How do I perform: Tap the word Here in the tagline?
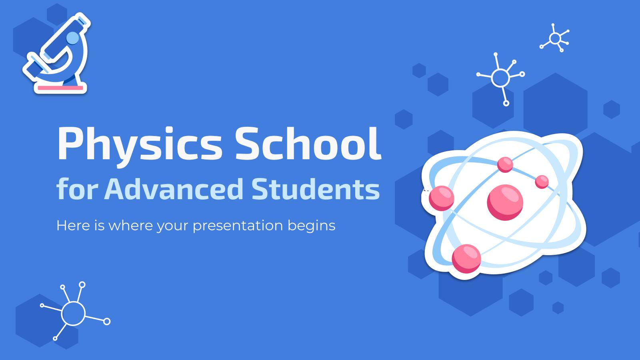[70, 225]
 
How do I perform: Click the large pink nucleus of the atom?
[505, 202]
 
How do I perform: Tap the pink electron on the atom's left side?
[442, 198]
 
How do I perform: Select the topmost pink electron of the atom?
[505, 164]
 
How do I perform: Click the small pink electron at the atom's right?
[542, 182]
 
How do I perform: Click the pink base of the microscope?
[60, 88]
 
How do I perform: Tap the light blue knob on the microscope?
[73, 38]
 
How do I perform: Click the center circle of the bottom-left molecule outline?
[73, 313]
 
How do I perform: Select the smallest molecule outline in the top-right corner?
[555, 38]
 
